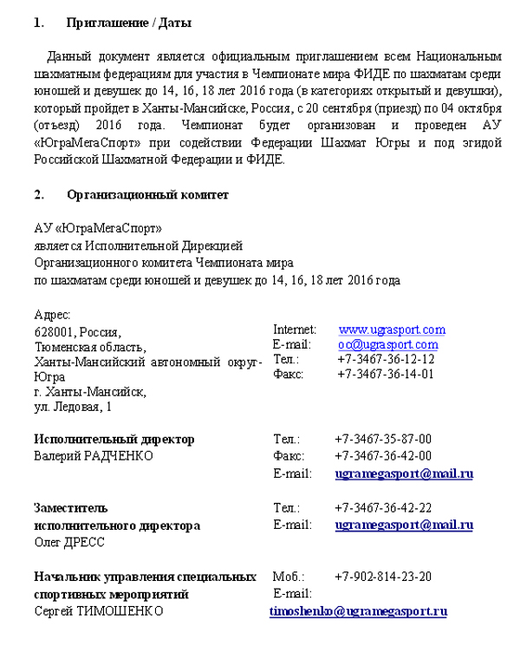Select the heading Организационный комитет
click(x=147, y=195)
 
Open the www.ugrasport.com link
click(x=392, y=330)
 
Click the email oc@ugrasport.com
click(x=388, y=344)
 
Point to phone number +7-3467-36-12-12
click(x=386, y=359)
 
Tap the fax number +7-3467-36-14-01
click(x=386, y=374)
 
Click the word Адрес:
click(x=52, y=315)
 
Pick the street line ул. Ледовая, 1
click(x=74, y=406)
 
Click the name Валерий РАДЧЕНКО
click(x=94, y=456)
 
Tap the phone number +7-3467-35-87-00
click(x=383, y=440)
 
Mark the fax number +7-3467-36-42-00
click(x=383, y=456)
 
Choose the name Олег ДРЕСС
click(x=69, y=542)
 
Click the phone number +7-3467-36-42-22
click(x=383, y=508)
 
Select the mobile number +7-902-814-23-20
click(x=383, y=577)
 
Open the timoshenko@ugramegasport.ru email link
click(x=358, y=611)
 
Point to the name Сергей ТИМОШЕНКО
click(x=98, y=611)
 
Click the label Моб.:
click(x=288, y=577)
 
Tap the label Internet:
click(x=295, y=330)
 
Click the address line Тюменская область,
click(x=90, y=347)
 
